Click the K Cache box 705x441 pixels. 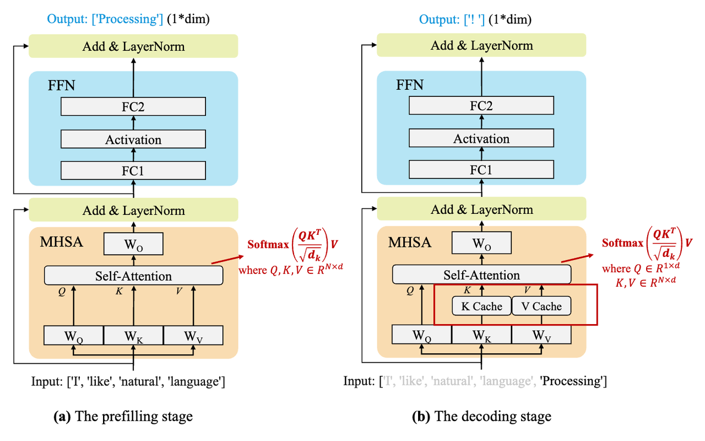[x=481, y=306]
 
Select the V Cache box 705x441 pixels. [x=541, y=306]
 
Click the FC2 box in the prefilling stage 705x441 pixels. [x=133, y=106]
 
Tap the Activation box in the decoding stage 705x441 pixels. [x=481, y=139]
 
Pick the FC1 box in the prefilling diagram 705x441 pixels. [x=133, y=170]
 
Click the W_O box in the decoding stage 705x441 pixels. [x=481, y=242]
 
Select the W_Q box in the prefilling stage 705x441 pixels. [x=74, y=335]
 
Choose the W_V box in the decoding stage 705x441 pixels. [x=541, y=335]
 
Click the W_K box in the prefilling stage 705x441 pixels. [x=133, y=335]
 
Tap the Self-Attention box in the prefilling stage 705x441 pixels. [x=133, y=276]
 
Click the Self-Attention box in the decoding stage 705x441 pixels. [x=481, y=275]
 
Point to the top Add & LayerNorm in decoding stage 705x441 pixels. [x=481, y=45]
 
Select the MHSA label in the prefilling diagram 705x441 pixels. [x=61, y=241]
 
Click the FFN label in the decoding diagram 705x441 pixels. [x=410, y=85]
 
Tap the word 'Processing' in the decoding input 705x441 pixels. [x=573, y=381]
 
